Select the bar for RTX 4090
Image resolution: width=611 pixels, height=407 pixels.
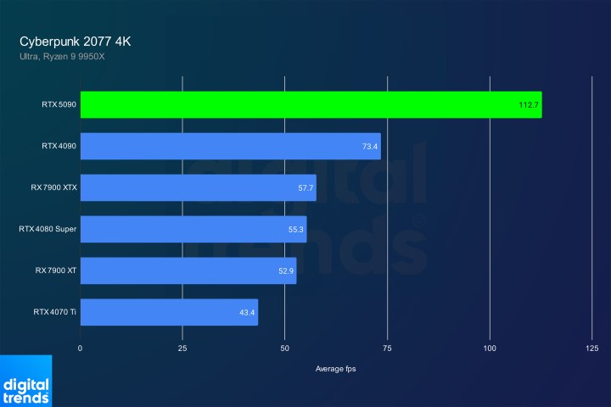coord(230,146)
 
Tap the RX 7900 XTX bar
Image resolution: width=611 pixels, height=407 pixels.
coord(198,187)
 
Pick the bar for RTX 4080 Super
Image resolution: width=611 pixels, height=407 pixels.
coord(193,229)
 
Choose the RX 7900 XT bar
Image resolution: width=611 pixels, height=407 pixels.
coord(188,270)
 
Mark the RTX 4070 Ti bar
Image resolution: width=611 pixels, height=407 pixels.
coord(169,312)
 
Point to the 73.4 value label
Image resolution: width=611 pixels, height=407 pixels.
coord(369,147)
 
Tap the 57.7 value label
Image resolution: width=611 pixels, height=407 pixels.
coord(305,188)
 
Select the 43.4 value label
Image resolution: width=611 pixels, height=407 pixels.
coord(247,313)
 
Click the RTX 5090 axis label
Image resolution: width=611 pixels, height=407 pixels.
coord(58,105)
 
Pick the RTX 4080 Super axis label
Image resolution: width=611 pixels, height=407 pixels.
coord(48,229)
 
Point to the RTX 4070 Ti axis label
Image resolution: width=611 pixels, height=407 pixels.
coord(54,312)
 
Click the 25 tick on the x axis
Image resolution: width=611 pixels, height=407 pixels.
coord(182,348)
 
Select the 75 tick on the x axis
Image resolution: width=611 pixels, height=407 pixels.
coord(387,348)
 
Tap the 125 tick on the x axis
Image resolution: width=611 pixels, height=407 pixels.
coord(591,348)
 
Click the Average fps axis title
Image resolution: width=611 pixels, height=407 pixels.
coord(336,368)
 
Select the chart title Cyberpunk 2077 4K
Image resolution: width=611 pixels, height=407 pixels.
coord(76,41)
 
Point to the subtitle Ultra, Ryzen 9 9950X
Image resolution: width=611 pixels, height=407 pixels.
coord(63,57)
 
